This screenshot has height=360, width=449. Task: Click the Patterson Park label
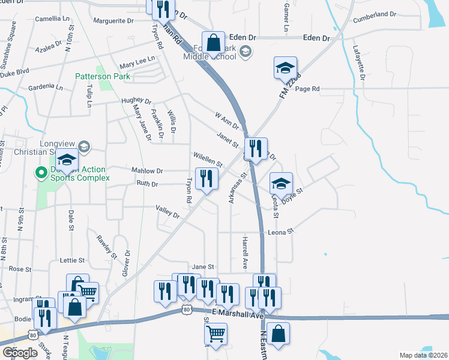102,76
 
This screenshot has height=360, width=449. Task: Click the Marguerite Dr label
113,20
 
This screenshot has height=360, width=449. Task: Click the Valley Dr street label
167,211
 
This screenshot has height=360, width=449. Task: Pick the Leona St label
281,231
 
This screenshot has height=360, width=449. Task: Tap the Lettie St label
72,260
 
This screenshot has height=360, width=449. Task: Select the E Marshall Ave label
238,314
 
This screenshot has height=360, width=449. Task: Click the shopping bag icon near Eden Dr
213,43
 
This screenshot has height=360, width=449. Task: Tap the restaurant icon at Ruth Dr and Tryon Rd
206,178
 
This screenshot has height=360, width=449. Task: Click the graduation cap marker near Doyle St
280,184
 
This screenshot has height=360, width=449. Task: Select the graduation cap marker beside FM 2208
285,68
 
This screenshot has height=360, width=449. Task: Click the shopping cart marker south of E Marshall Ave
215,334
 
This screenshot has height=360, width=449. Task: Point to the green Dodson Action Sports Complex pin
41,174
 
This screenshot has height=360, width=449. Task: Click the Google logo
20,353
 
